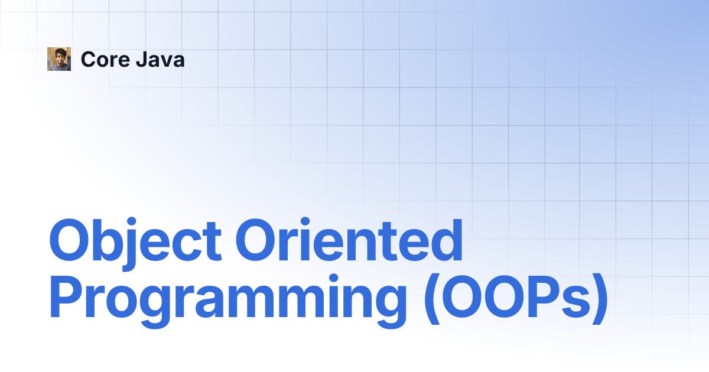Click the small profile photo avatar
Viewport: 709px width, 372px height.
pos(59,59)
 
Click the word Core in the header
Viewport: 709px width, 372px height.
pos(105,60)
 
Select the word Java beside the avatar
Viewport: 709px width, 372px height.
pos(160,60)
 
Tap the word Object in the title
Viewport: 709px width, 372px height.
pos(135,243)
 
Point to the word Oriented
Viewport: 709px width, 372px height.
pos(349,240)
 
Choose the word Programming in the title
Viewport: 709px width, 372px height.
pos(228,301)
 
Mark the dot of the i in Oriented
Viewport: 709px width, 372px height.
pos(305,222)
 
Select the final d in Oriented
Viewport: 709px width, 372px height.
pos(446,240)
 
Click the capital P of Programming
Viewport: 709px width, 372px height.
pos(66,296)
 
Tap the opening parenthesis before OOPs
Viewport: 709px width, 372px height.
pos(432,299)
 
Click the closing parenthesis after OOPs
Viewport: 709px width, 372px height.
pos(600,299)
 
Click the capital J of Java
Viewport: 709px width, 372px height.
pos(142,60)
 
